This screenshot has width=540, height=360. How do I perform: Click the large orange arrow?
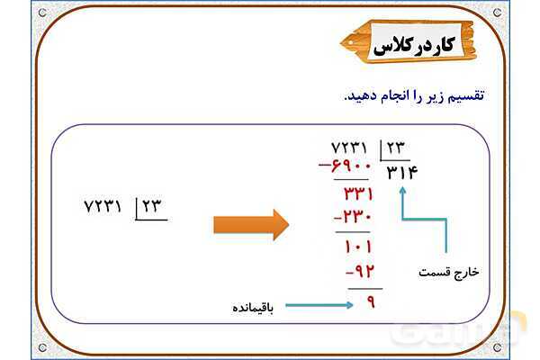coord(251,224)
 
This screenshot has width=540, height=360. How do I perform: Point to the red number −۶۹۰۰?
coord(346,166)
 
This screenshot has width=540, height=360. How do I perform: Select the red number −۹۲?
coord(359,272)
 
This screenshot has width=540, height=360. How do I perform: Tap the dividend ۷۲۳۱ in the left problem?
coord(103,206)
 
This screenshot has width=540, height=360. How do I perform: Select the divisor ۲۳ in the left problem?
coord(150,206)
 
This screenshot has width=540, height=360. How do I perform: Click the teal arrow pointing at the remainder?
coord(319,306)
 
